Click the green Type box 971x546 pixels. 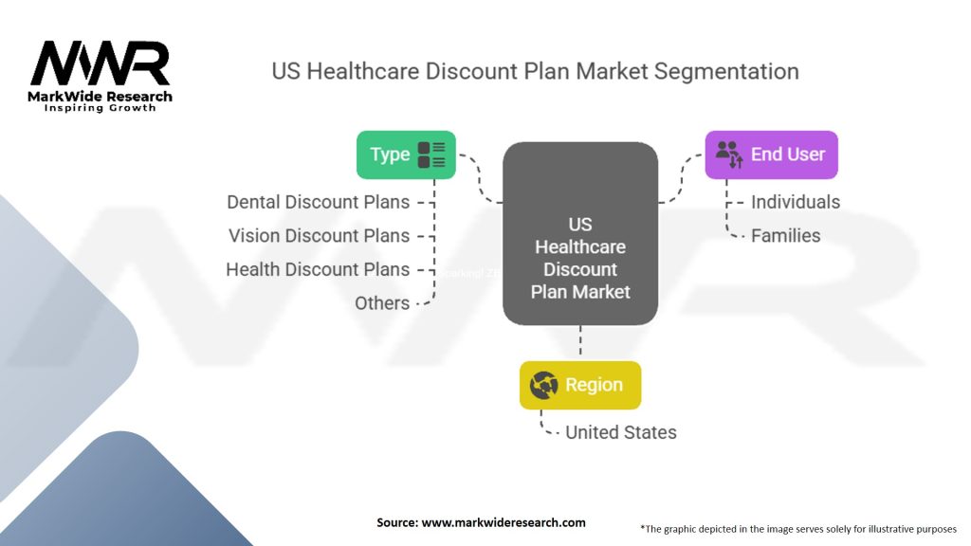(x=406, y=155)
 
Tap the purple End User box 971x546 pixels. (x=771, y=155)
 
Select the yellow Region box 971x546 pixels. (x=580, y=385)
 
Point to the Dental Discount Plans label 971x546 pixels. (x=318, y=202)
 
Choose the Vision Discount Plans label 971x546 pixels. (x=319, y=236)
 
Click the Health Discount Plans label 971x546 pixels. (x=318, y=269)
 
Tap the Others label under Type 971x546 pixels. (x=382, y=303)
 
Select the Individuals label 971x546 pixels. (x=795, y=202)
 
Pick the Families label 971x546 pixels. (x=785, y=236)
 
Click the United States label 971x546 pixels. (x=620, y=432)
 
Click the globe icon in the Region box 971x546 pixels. (x=544, y=385)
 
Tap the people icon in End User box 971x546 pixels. (x=728, y=155)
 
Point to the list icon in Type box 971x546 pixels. (x=431, y=155)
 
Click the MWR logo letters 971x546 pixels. (x=101, y=64)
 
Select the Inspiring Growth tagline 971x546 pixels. (x=101, y=108)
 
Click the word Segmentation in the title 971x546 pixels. (x=724, y=71)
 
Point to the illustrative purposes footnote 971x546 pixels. (x=798, y=528)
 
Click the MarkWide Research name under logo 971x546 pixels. (x=101, y=97)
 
